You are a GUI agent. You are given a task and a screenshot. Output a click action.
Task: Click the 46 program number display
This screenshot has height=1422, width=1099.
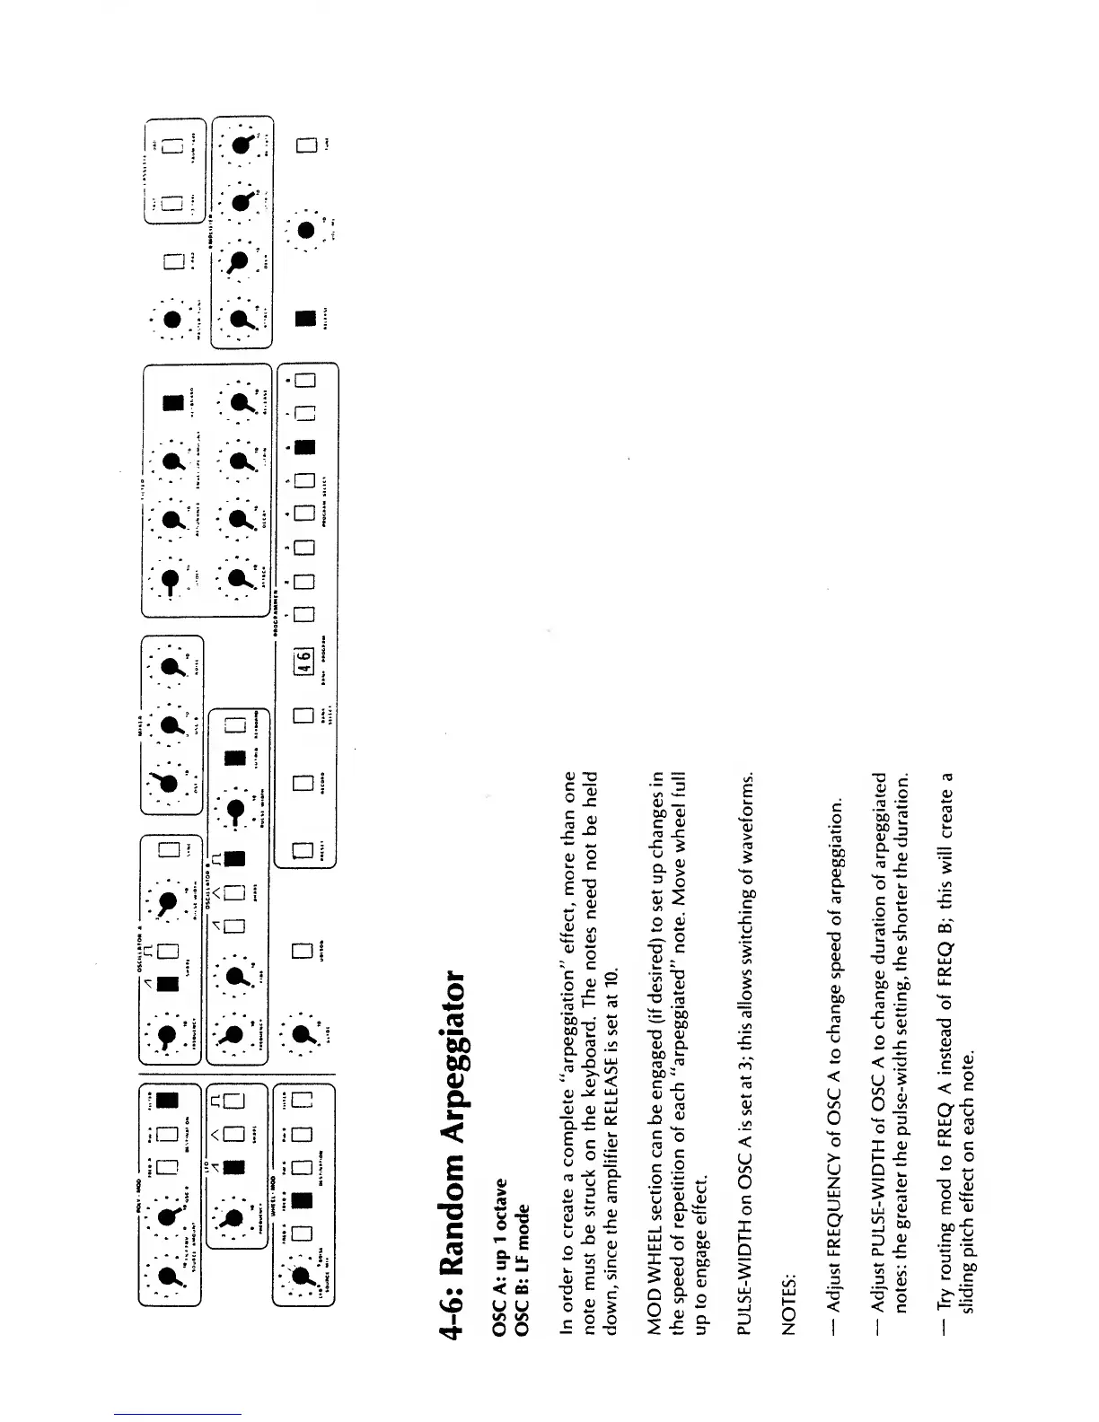click(x=304, y=661)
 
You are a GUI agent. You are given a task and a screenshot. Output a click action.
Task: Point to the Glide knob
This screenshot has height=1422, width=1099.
click(x=303, y=1034)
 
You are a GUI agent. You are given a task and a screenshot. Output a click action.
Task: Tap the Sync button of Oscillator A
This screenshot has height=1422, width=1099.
click(x=168, y=851)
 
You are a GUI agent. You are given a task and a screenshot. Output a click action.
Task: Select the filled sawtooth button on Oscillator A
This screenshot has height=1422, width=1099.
click(x=168, y=984)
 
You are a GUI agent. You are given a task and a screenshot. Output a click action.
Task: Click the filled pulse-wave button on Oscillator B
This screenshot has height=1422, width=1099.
click(x=235, y=859)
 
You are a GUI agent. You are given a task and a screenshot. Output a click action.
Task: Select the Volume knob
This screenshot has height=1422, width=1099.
click(x=308, y=231)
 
